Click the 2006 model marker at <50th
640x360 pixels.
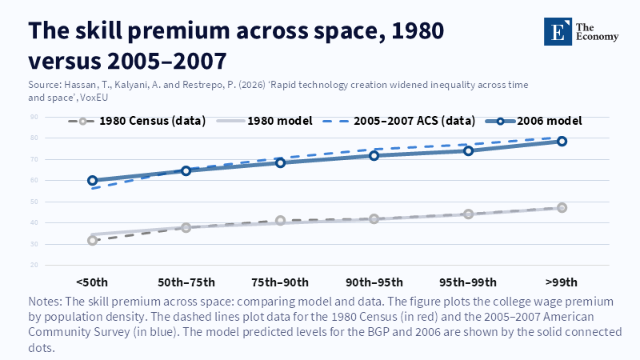click(x=93, y=181)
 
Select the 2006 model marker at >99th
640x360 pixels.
click(x=562, y=142)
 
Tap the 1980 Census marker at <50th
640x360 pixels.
click(x=93, y=240)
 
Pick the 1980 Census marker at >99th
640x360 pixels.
click(x=562, y=208)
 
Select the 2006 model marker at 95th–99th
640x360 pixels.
click(x=469, y=150)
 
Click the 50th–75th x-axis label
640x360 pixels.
click(x=186, y=282)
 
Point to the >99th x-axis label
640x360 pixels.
click(x=562, y=282)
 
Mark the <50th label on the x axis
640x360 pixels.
click(x=93, y=282)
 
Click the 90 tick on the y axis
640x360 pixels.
click(x=35, y=118)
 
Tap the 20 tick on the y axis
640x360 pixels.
click(x=35, y=265)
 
